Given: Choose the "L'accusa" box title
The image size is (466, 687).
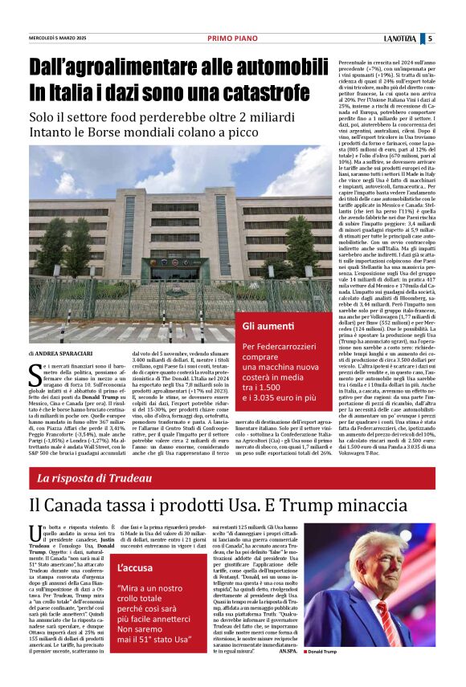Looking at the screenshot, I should tap(135, 568).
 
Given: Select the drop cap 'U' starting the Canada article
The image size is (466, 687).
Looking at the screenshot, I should tap(34, 529).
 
